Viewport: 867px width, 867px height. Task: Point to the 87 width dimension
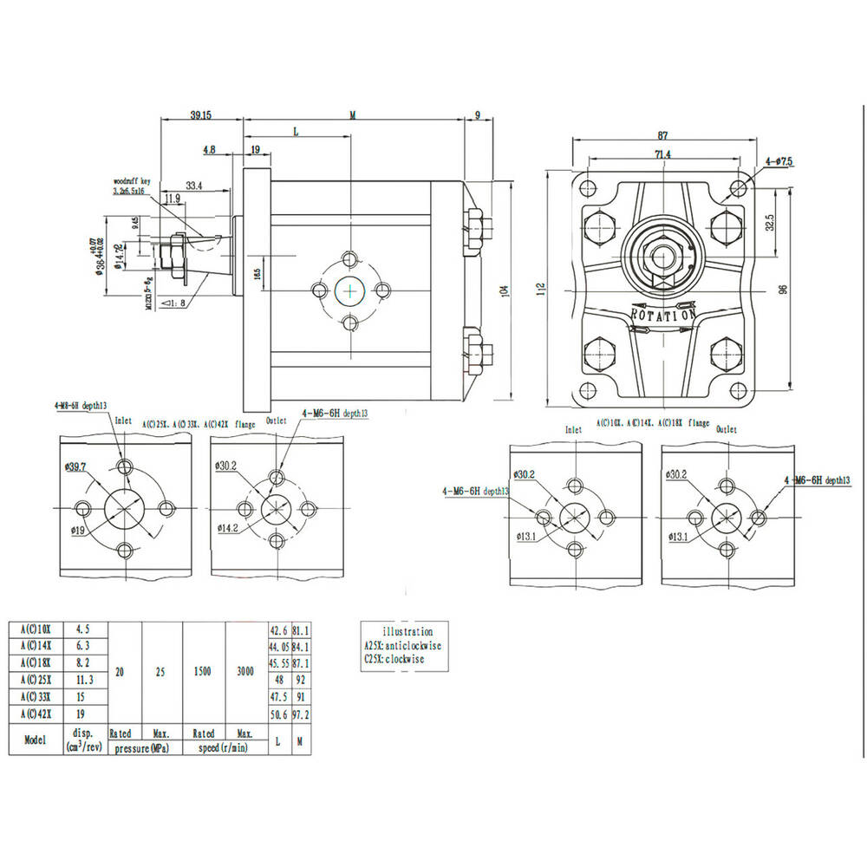(662, 135)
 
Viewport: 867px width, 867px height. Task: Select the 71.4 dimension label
(662, 154)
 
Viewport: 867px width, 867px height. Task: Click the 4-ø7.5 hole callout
(779, 162)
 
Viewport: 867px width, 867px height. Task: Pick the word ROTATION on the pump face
(662, 314)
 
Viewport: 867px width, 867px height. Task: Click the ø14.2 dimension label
(228, 527)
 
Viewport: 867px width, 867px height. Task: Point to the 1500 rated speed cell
(203, 672)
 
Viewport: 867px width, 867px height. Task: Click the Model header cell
(35, 740)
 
